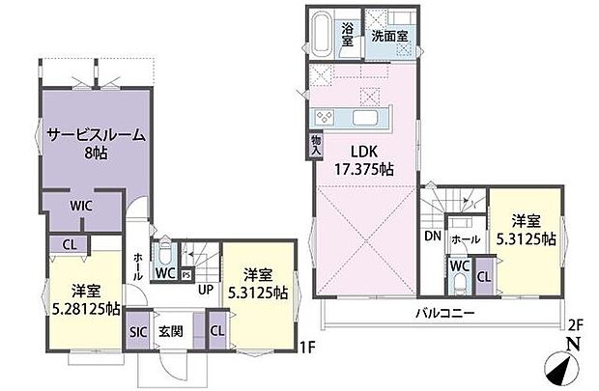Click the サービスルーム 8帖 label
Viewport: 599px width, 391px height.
point(96,144)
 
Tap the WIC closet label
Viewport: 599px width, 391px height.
point(80,205)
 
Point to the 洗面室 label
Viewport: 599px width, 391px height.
point(389,36)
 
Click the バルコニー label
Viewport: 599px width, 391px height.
point(443,313)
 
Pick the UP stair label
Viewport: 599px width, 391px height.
point(205,288)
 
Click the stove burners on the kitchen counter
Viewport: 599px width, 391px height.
point(323,118)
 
